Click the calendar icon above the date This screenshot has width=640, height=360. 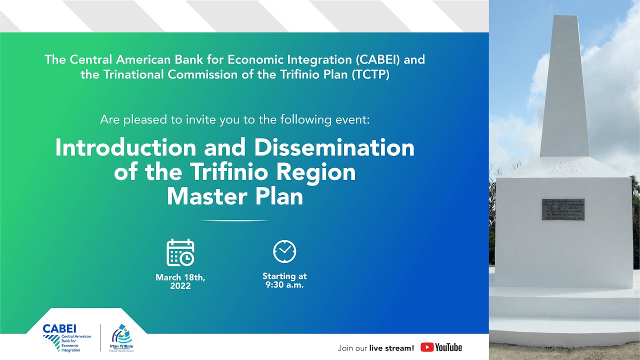pos(180,252)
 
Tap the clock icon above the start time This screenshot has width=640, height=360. pos(284,251)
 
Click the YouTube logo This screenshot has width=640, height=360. pos(441,347)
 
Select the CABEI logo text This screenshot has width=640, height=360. pos(59,329)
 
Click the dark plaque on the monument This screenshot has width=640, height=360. pos(563,209)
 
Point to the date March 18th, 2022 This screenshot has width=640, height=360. pos(180,281)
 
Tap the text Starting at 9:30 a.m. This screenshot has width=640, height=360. pos(284,280)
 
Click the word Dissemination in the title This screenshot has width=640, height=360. pos(334,147)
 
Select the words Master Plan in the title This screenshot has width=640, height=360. pos(235,196)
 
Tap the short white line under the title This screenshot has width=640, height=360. pos(234,220)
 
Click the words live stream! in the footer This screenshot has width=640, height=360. pos(391,348)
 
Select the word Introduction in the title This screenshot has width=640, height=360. pos(125,147)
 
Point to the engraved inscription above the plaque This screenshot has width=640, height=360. pos(563,167)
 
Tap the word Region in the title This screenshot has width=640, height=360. pos(316,172)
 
